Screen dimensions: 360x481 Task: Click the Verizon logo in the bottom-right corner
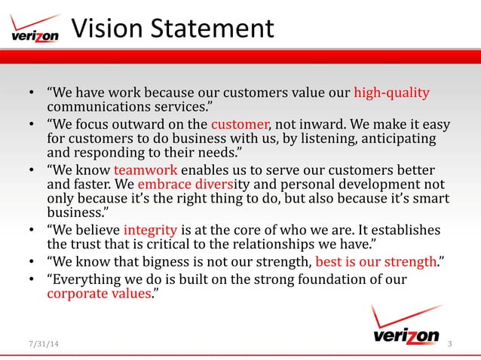[x=406, y=325]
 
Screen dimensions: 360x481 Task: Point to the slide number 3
[x=449, y=345]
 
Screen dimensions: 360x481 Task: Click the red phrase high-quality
[x=391, y=93]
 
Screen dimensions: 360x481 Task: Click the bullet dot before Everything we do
[x=32, y=279]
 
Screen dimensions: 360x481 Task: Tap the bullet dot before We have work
[x=32, y=94]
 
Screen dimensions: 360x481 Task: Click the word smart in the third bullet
[x=429, y=200]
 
